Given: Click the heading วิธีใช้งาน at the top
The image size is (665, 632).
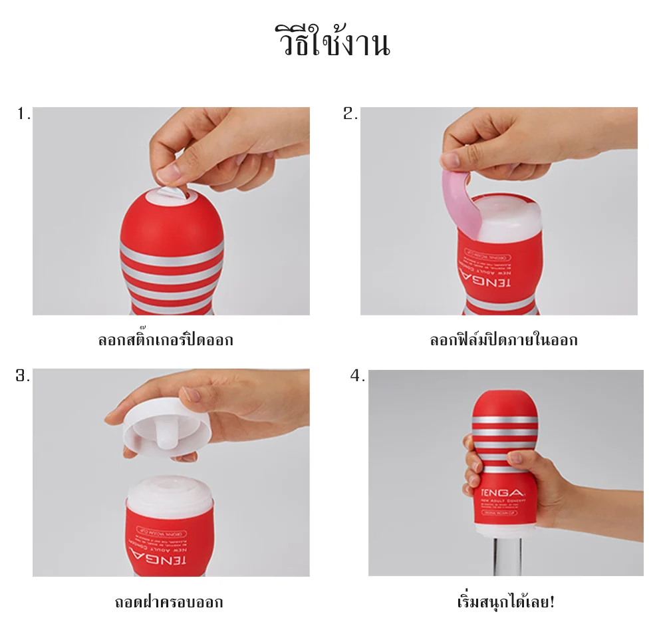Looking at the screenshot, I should tap(332, 42).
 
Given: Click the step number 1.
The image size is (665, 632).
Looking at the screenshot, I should tap(24, 114).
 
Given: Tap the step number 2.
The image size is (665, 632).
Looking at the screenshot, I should tap(350, 114).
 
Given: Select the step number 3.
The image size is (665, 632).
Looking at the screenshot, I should tap(23, 376).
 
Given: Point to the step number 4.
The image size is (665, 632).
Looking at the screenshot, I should tap(358, 377).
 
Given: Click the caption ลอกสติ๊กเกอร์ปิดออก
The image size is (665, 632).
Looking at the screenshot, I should tap(166, 341).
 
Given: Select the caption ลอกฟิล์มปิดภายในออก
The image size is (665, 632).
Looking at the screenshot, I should tap(503, 341).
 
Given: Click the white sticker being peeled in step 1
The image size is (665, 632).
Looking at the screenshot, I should tap(171, 192).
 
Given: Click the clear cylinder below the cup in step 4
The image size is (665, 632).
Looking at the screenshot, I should tap(505, 555).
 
